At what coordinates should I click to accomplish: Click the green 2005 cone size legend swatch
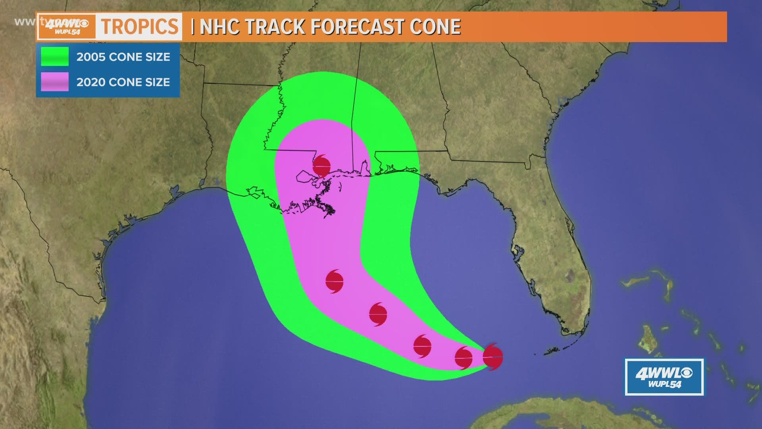[x=55, y=56]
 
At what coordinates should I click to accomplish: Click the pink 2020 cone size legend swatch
[x=55, y=82]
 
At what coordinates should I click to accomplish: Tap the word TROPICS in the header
[x=140, y=27]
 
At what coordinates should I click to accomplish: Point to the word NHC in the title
[x=219, y=27]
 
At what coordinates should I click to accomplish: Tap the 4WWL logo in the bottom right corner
[x=664, y=377]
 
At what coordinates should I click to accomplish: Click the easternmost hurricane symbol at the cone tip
[x=493, y=357]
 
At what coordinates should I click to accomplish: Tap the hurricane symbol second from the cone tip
[x=464, y=358]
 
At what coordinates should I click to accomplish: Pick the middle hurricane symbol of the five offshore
[x=422, y=346]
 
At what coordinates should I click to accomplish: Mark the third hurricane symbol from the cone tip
[x=422, y=346]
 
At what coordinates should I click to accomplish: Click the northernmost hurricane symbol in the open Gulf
[x=334, y=281]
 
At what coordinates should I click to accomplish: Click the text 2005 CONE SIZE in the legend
[x=123, y=57]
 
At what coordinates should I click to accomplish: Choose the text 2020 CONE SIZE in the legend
[x=123, y=82]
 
